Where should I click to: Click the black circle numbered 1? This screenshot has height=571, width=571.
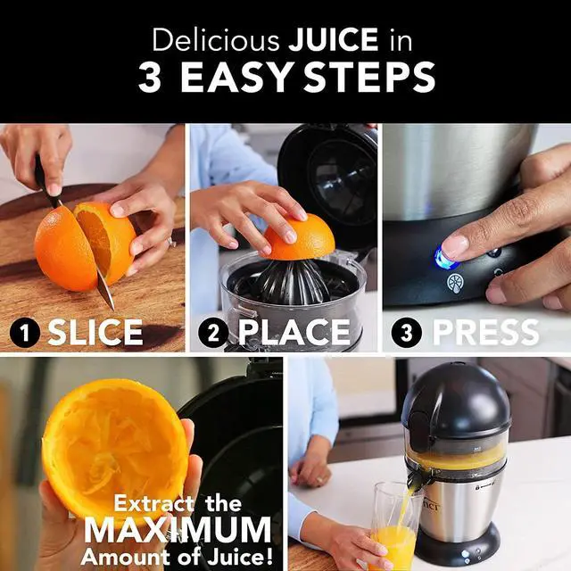point(26,333)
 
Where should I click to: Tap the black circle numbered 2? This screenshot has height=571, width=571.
point(213,333)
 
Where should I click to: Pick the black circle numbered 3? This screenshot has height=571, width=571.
point(408,333)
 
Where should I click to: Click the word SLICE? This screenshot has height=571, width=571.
point(95,333)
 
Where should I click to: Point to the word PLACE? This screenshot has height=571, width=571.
point(294,333)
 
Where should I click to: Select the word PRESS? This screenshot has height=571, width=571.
point(485,333)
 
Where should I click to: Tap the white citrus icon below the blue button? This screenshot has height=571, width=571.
point(455,283)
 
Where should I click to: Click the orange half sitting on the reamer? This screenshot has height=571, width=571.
point(298,237)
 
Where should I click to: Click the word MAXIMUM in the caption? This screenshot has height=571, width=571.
point(178,530)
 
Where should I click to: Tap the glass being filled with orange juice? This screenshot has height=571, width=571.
point(393,526)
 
